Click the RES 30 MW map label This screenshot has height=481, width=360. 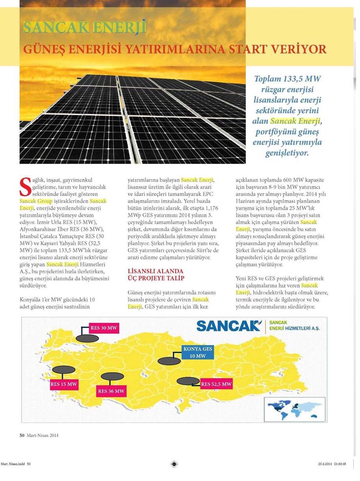[104, 328]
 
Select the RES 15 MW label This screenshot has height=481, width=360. [64, 384]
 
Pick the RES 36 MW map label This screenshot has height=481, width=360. [111, 391]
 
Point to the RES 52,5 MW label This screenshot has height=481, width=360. [216, 384]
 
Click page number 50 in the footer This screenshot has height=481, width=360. [22, 435]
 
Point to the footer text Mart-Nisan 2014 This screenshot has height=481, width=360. [43, 435]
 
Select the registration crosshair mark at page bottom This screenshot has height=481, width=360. [174, 464]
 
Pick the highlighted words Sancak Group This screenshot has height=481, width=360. [34, 201]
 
